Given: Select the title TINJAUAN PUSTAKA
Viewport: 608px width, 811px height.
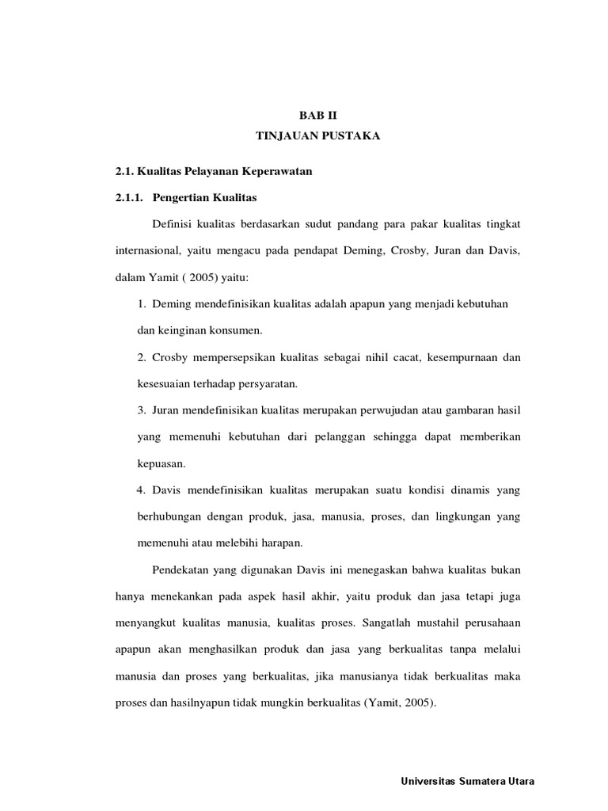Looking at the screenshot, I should coord(317,136).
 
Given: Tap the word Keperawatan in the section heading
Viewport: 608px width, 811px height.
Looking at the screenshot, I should coord(269,172).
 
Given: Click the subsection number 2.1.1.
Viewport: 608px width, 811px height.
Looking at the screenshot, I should coord(131,196).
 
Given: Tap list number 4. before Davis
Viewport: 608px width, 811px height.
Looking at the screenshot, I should coord(142,490).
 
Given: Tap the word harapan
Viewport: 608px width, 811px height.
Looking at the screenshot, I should coord(281,543).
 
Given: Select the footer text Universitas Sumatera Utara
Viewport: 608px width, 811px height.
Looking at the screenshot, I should coord(469,781).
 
